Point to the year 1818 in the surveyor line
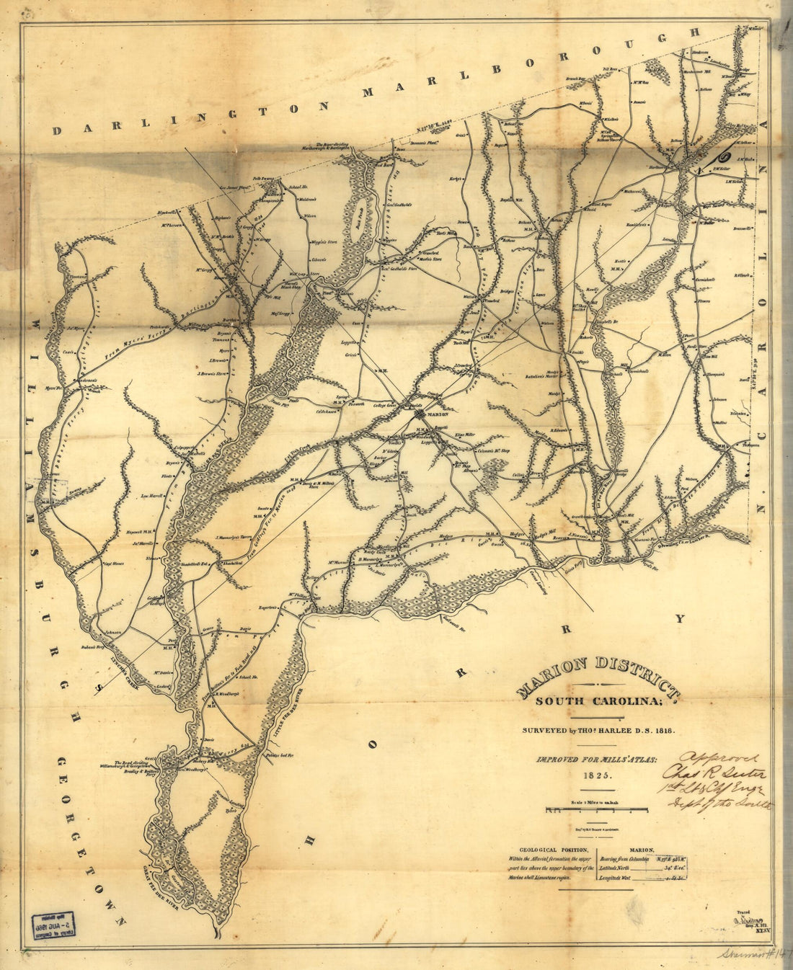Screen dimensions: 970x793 (665, 730)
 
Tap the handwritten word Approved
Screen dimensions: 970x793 (719, 758)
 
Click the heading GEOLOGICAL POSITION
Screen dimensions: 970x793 (547, 848)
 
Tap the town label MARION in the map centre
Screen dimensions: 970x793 (437, 415)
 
